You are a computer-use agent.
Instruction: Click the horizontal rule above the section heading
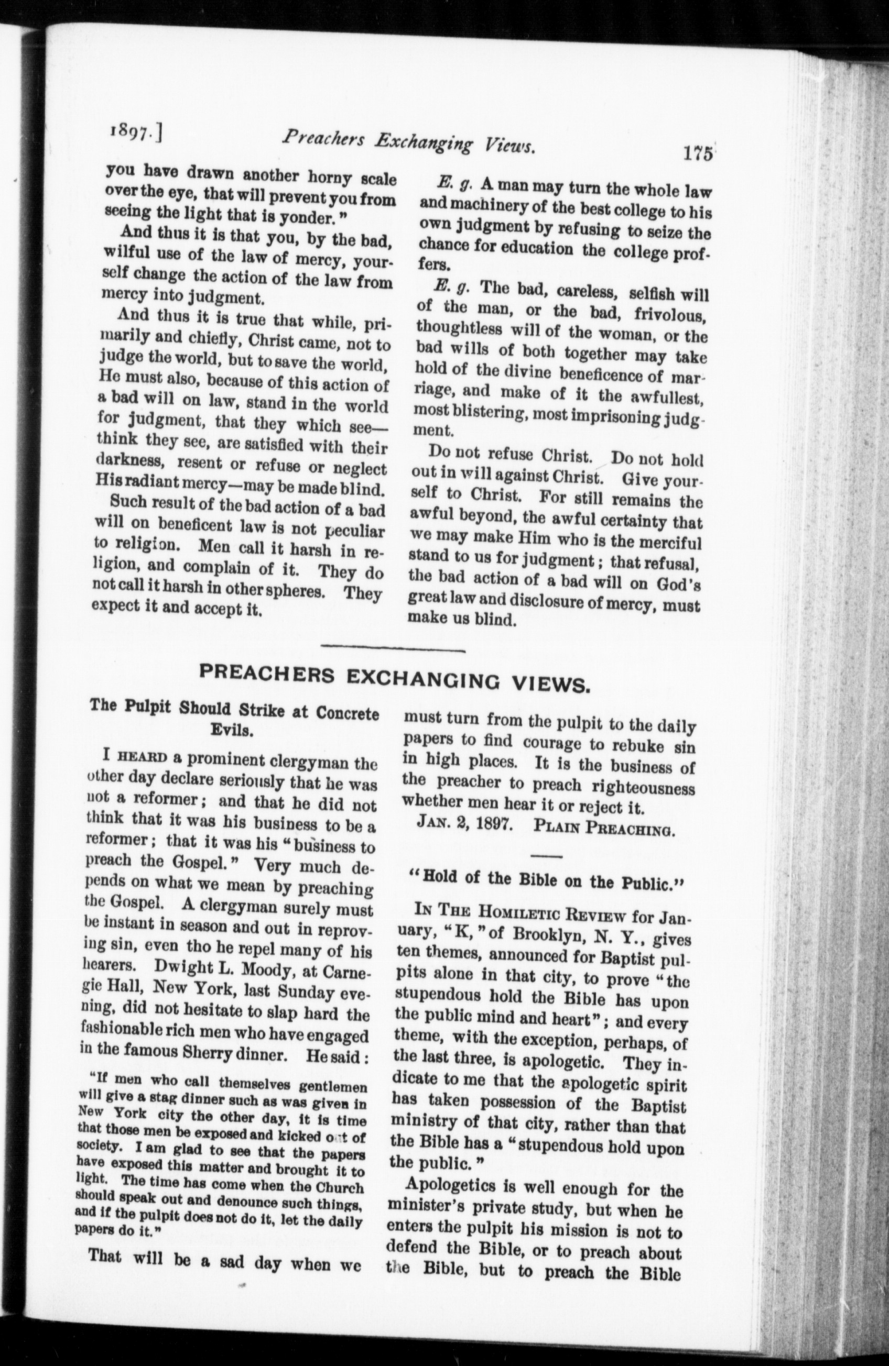point(393,649)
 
